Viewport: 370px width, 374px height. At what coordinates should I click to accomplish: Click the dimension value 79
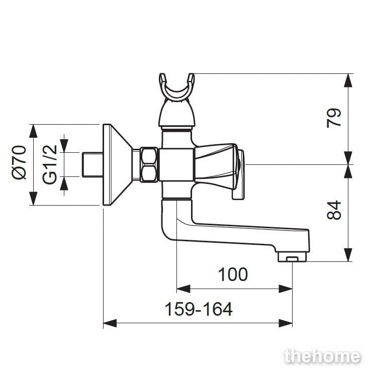click(334, 118)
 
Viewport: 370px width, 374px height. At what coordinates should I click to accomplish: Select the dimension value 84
click(334, 210)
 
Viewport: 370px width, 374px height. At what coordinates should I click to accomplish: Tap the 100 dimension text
click(233, 274)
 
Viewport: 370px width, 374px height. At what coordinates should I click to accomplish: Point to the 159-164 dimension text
click(199, 309)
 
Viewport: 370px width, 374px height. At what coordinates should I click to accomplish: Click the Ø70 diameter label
click(19, 162)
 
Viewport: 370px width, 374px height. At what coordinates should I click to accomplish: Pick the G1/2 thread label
click(50, 164)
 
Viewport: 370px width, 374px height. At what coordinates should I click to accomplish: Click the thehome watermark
click(323, 356)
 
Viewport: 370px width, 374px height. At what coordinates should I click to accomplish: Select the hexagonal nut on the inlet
click(149, 165)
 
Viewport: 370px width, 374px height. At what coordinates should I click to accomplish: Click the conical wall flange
click(117, 164)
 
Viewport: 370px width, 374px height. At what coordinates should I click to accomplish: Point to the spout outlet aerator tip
click(292, 257)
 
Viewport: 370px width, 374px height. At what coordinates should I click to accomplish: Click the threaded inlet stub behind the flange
click(92, 164)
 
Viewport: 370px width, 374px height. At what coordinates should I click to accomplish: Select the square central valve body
click(176, 164)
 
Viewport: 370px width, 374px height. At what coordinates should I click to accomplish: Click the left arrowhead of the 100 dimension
click(183, 289)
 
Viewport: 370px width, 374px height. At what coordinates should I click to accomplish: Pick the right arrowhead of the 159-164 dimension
click(286, 323)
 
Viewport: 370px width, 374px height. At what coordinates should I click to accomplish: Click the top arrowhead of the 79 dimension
click(348, 80)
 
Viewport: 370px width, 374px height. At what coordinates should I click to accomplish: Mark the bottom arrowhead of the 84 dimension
click(348, 255)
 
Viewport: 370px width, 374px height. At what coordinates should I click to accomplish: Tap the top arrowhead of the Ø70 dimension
click(33, 131)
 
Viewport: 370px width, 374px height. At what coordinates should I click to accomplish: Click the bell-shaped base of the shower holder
click(177, 114)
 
